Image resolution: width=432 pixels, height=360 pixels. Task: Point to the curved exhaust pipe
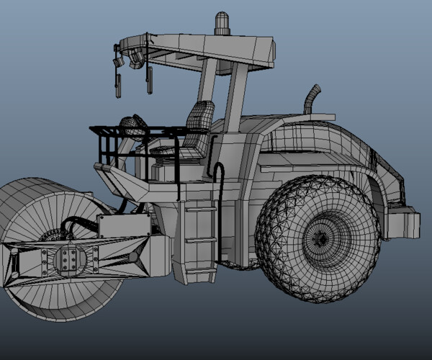coord(312,99)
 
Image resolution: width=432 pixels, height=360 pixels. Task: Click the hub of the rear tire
coord(319,238)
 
